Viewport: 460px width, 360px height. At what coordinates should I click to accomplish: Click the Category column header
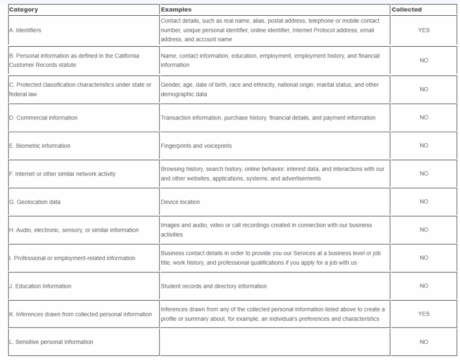pos(23,9)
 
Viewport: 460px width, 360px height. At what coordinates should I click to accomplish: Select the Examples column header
pos(176,9)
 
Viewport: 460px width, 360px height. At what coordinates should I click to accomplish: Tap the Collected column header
pos(407,9)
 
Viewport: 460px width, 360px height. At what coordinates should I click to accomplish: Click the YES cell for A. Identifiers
pos(424,30)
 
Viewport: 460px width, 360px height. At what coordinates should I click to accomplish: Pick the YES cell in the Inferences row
pos(424,314)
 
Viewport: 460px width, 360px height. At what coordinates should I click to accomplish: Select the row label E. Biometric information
pos(40,146)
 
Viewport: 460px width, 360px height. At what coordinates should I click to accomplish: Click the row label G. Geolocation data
pos(35,202)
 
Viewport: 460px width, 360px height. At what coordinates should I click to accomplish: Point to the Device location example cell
pos(180,202)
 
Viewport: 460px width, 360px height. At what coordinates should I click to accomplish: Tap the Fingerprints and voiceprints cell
pos(196,146)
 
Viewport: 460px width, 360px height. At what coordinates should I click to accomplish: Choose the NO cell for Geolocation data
pos(424,202)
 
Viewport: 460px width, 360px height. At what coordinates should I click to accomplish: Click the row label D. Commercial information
pos(43,118)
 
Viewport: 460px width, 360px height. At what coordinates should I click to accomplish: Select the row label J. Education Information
pos(40,286)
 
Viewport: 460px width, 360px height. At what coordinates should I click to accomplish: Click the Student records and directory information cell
pos(214,286)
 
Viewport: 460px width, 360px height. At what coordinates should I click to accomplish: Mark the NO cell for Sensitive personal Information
pos(424,342)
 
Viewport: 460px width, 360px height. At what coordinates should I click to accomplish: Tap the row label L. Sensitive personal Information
pos(51,342)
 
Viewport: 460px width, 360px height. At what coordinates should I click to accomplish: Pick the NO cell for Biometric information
pos(424,146)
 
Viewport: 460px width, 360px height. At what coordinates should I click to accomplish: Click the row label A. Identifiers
pos(25,30)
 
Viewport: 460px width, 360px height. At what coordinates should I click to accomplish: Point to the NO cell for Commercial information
pos(424,118)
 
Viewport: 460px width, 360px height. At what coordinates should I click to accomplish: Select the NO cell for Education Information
pos(424,286)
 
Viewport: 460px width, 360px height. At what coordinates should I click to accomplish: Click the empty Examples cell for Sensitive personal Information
pos(274,342)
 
